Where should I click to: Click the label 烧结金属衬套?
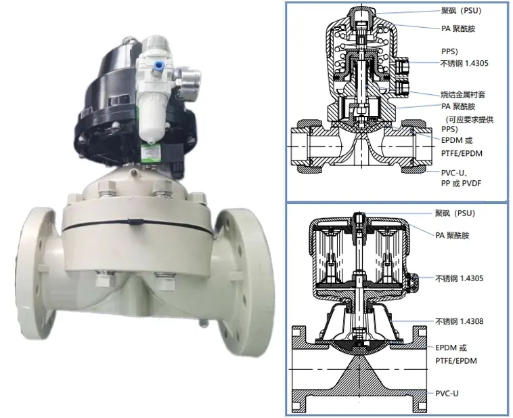463,95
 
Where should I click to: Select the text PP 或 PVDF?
462,183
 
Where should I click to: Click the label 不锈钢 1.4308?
460,321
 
